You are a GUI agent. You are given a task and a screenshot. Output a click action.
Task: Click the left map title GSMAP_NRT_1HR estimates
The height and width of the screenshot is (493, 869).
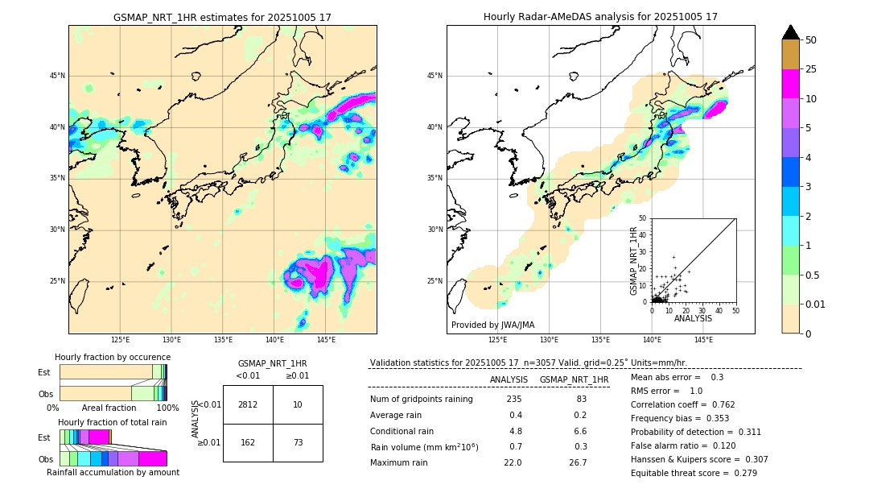pos(222,17)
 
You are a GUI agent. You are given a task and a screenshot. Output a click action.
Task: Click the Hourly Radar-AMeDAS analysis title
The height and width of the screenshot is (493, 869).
pos(600,17)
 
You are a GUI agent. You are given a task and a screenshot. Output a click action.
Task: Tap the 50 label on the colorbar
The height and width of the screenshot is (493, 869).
pos(811,40)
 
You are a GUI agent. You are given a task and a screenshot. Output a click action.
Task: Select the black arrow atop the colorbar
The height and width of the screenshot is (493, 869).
pos(791,32)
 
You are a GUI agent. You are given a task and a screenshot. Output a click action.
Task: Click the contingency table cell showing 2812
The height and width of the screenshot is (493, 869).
pos(248,404)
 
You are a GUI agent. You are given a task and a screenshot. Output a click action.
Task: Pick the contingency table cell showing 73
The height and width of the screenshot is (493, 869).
pos(298,442)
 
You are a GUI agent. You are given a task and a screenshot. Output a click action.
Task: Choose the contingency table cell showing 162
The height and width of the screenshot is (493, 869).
pos(248,442)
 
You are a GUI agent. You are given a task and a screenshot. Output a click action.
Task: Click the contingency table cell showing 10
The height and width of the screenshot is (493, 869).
pos(298,404)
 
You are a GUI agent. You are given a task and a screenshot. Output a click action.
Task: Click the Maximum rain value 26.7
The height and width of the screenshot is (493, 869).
pos(578,463)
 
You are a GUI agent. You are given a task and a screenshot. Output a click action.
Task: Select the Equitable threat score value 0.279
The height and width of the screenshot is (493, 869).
pos(741,473)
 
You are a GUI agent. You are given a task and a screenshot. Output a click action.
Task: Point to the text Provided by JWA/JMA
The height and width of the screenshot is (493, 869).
pos(492,325)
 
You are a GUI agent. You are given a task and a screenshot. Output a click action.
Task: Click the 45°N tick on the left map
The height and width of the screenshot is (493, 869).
pos(57,76)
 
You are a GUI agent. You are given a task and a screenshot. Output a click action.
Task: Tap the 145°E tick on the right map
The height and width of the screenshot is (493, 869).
pos(703,340)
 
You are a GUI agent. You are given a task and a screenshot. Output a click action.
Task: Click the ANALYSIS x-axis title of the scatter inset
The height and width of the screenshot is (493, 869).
pos(693,318)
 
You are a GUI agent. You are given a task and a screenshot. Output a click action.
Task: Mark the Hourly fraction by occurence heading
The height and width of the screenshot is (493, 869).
pos(113,357)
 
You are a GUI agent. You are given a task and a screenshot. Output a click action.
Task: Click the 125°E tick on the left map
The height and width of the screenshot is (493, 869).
pos(120,340)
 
